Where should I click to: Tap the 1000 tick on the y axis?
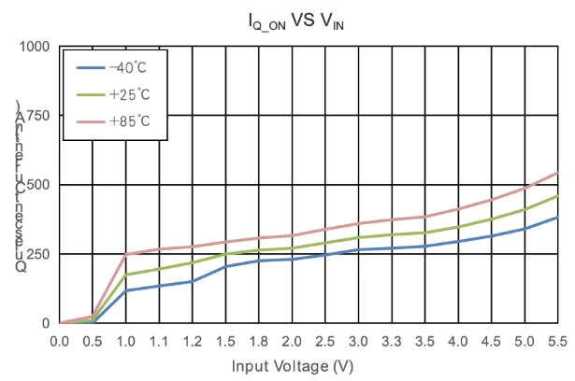pyautogui.click(x=34, y=47)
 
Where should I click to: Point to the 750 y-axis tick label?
pyautogui.click(x=38, y=116)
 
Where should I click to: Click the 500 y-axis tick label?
pyautogui.click(x=38, y=185)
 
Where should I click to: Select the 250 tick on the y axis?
pyautogui.click(x=38, y=254)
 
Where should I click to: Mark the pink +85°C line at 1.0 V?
pyautogui.click(x=126, y=254)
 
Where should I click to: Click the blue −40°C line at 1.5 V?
pyautogui.click(x=226, y=266)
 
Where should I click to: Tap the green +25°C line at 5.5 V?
pyautogui.click(x=558, y=196)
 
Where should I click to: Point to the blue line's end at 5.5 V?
pyautogui.click(x=558, y=218)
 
